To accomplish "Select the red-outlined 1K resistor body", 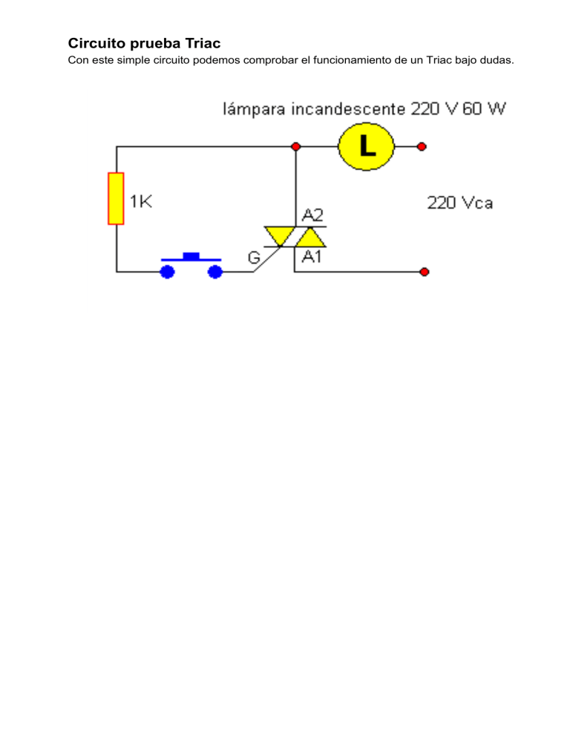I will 116,198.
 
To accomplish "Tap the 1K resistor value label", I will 141,202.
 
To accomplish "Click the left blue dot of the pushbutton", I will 168,272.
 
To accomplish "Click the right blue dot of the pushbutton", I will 215,272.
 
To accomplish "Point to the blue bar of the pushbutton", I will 191,258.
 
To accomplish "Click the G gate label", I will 255,258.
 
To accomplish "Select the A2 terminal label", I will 312,215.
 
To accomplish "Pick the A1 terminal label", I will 312,258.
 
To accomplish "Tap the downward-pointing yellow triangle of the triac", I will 279,235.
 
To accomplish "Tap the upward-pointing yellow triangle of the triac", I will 309,237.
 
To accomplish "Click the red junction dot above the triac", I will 295,146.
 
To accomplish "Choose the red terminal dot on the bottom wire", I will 424,272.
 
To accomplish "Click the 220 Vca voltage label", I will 459,203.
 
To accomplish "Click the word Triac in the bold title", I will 200,44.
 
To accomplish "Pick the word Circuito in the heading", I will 94,44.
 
